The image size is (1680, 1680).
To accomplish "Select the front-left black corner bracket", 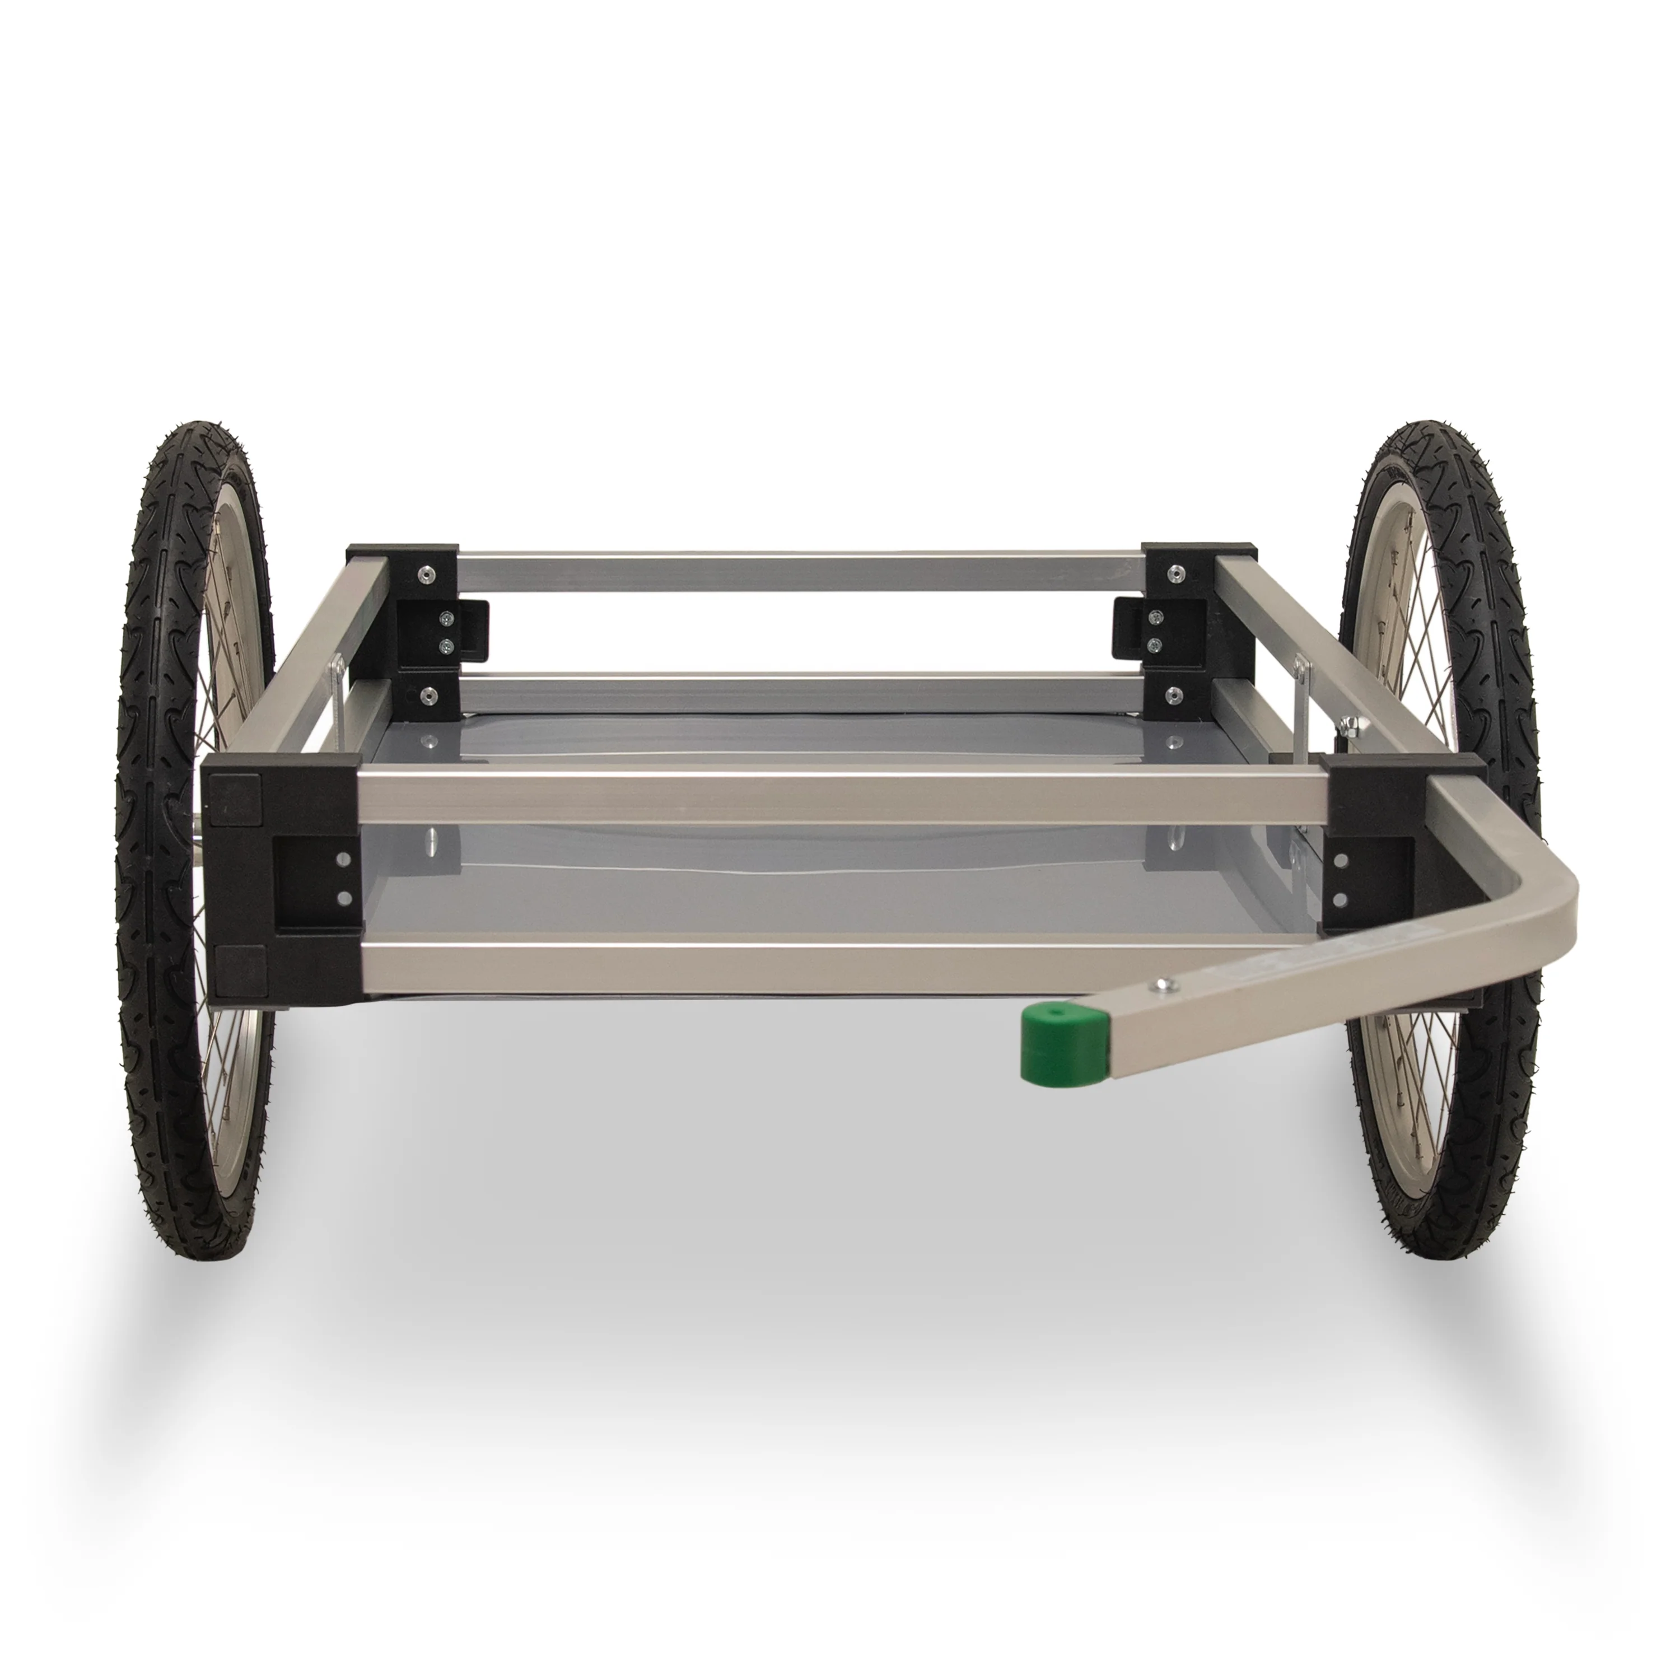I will [x=278, y=878].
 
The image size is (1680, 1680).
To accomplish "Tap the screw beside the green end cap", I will [x=1162, y=985].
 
